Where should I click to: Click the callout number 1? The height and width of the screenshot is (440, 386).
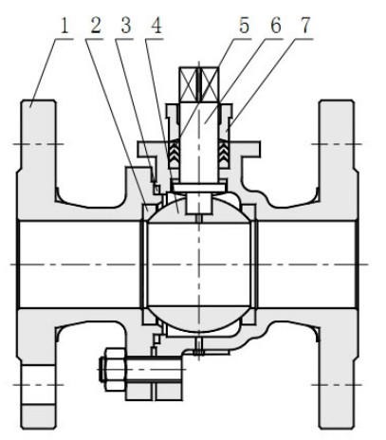point(64,26)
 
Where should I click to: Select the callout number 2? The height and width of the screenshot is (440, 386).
point(96,26)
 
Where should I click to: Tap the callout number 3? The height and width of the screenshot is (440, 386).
point(126,26)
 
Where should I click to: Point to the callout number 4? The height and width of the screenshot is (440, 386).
point(156,26)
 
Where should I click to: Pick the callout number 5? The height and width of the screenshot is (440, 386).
point(244,26)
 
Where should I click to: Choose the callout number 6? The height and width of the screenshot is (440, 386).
point(276,26)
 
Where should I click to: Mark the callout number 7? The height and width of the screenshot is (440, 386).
point(305,26)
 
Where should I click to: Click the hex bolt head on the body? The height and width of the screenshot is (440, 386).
point(115,369)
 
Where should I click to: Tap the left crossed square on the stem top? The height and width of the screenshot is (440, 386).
point(189,84)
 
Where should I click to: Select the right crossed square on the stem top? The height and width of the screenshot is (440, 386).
point(210,84)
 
